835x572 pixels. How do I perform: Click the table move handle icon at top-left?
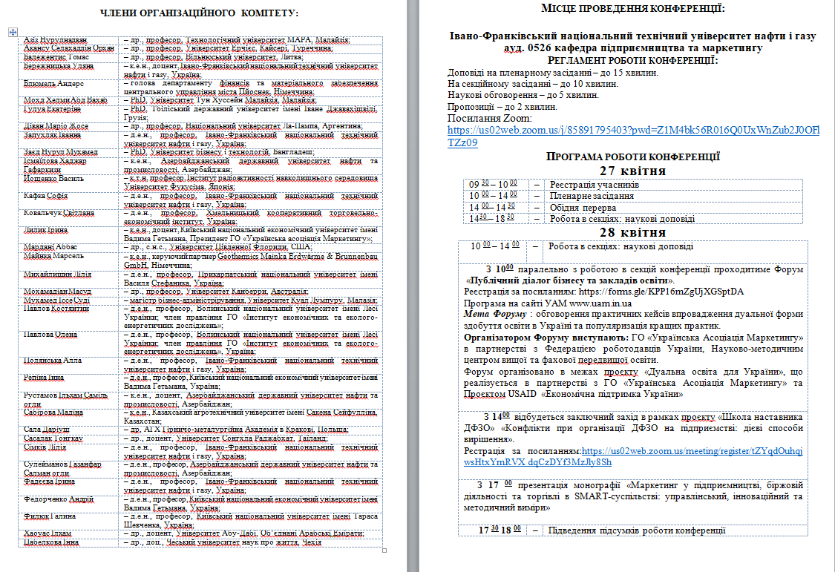[13, 32]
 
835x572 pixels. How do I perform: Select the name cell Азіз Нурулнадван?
[56, 39]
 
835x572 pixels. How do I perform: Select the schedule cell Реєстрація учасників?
[593, 185]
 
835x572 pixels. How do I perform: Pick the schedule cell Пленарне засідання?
[591, 196]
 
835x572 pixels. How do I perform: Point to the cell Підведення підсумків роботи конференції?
[635, 530]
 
